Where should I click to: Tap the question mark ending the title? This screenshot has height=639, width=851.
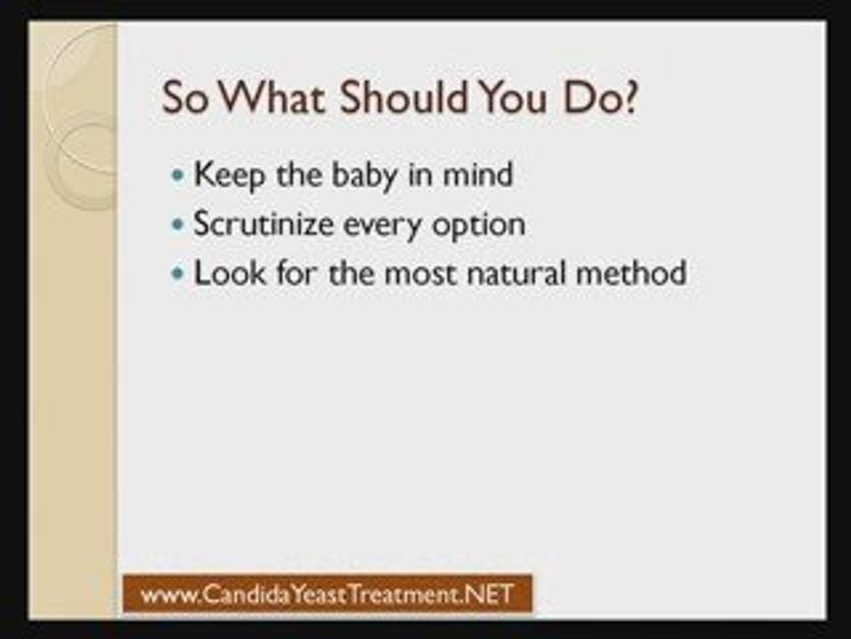pyautogui.click(x=627, y=99)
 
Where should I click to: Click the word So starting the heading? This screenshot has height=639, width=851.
pyautogui.click(x=183, y=100)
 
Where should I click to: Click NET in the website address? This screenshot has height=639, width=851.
pyautogui.click(x=495, y=594)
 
